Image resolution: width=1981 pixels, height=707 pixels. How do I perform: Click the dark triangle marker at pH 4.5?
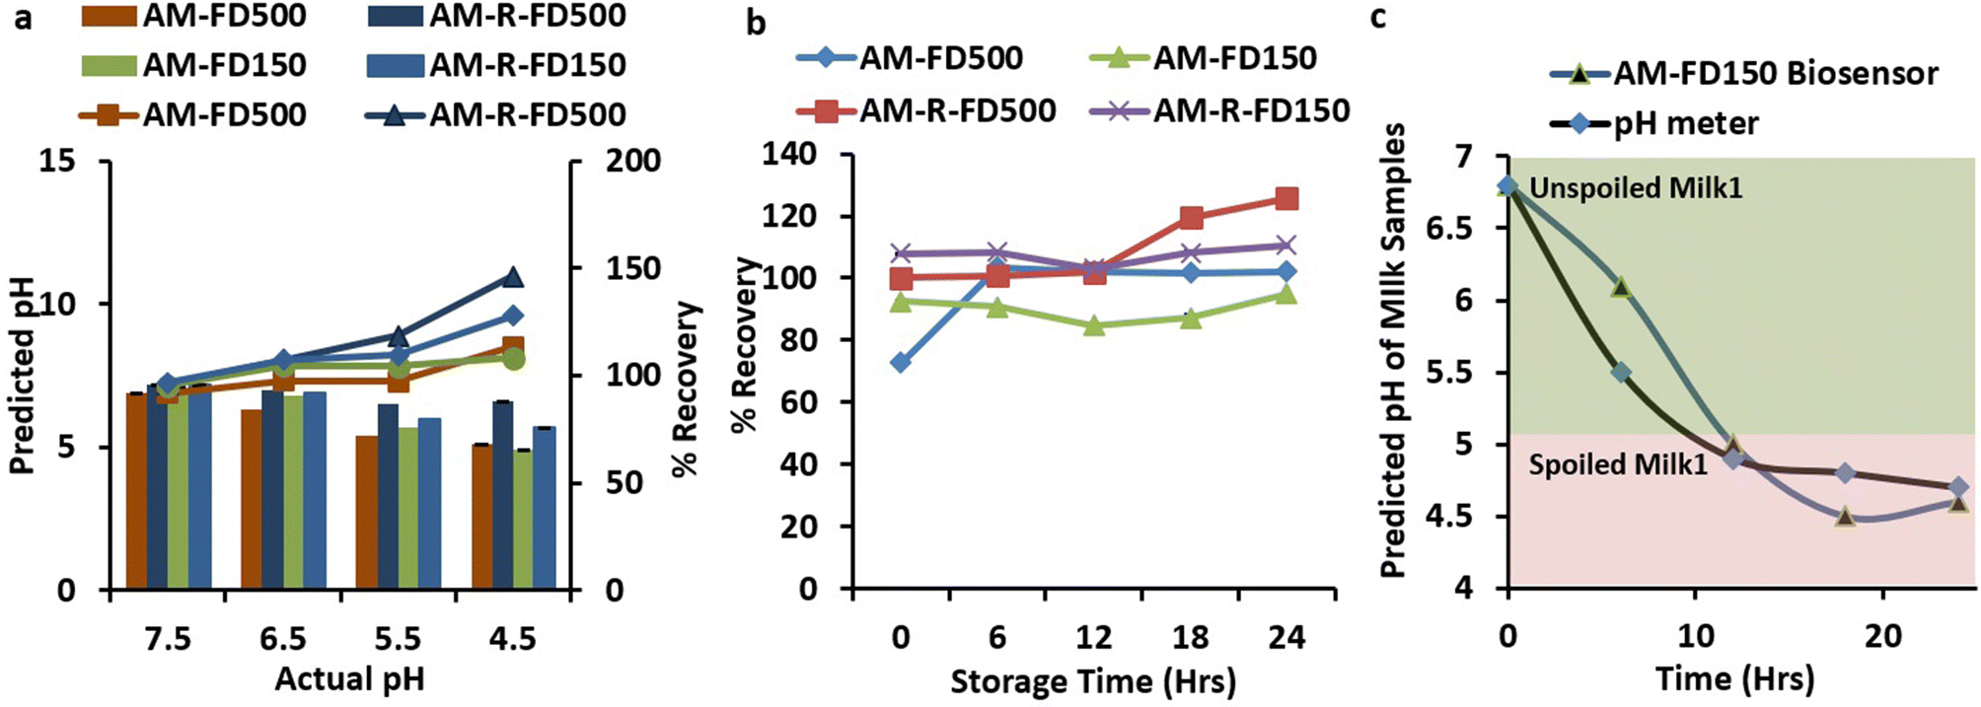[x=512, y=277]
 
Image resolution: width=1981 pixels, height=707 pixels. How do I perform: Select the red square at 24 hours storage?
[x=1286, y=199]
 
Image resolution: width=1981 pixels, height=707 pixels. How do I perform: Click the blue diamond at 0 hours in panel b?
[x=900, y=363]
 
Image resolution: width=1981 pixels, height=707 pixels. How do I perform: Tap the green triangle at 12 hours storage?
[x=1093, y=324]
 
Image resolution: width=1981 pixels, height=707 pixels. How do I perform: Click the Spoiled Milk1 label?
[x=1618, y=463]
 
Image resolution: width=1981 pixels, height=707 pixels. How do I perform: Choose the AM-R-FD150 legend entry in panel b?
[x=1251, y=109]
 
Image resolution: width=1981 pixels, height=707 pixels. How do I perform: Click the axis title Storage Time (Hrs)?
[x=1092, y=680]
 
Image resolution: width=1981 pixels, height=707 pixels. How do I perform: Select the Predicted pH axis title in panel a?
[x=22, y=375]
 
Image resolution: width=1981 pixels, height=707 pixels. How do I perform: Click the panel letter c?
[x=1379, y=17]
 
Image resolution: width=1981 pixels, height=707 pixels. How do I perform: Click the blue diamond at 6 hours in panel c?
[x=1620, y=373]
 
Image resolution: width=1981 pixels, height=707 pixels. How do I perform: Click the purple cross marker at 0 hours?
[x=900, y=253]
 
